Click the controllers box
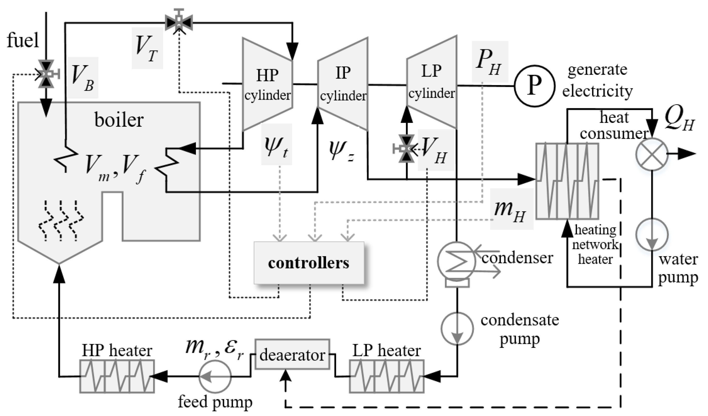point(309,263)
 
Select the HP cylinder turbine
point(268,84)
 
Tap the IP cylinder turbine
point(343,84)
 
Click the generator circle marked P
point(535,86)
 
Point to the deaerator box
point(292,354)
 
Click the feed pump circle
point(215,376)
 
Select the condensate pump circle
point(457,328)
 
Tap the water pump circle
point(652,234)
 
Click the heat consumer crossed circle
point(652,154)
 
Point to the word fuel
point(22,40)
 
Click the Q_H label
point(679,121)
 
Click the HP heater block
point(117,376)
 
